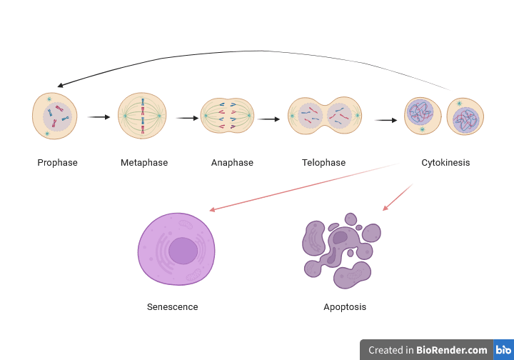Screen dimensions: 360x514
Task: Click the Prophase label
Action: pyautogui.click(x=57, y=163)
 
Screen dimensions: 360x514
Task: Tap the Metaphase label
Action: pyautogui.click(x=144, y=163)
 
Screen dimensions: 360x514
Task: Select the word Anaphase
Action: pyautogui.click(x=232, y=163)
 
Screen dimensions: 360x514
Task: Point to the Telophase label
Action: pyautogui.click(x=323, y=163)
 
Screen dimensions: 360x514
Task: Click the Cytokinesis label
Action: pyautogui.click(x=445, y=163)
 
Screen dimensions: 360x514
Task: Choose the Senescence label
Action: pyautogui.click(x=172, y=307)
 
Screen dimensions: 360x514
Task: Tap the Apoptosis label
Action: pyautogui.click(x=345, y=307)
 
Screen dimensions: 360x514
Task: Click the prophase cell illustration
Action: pyautogui.click(x=55, y=115)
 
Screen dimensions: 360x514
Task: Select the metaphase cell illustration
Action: pyautogui.click(x=142, y=115)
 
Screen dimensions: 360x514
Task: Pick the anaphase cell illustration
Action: pyautogui.click(x=228, y=116)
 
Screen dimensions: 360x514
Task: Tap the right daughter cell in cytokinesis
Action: pyautogui.click(x=465, y=116)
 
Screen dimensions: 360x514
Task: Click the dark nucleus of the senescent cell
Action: pyautogui.click(x=183, y=251)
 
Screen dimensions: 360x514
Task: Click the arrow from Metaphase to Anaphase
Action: pyautogui.click(x=187, y=119)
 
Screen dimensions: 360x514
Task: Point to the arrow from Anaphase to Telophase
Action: pyautogui.click(x=269, y=119)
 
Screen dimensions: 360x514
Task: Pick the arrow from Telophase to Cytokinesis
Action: pyautogui.click(x=386, y=120)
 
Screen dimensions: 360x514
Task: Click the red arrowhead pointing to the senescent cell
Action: pyautogui.click(x=212, y=210)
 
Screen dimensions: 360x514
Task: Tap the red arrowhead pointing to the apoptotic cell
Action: pyautogui.click(x=385, y=208)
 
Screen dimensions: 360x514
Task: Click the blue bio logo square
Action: pyautogui.click(x=503, y=350)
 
